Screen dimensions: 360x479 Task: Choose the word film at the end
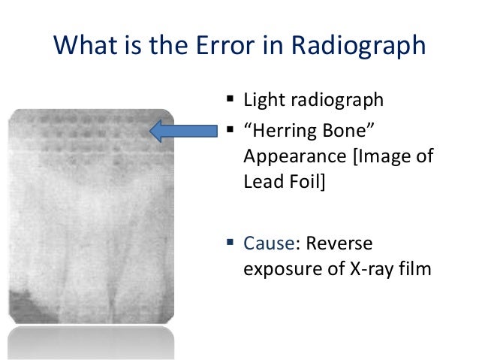click(416, 267)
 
